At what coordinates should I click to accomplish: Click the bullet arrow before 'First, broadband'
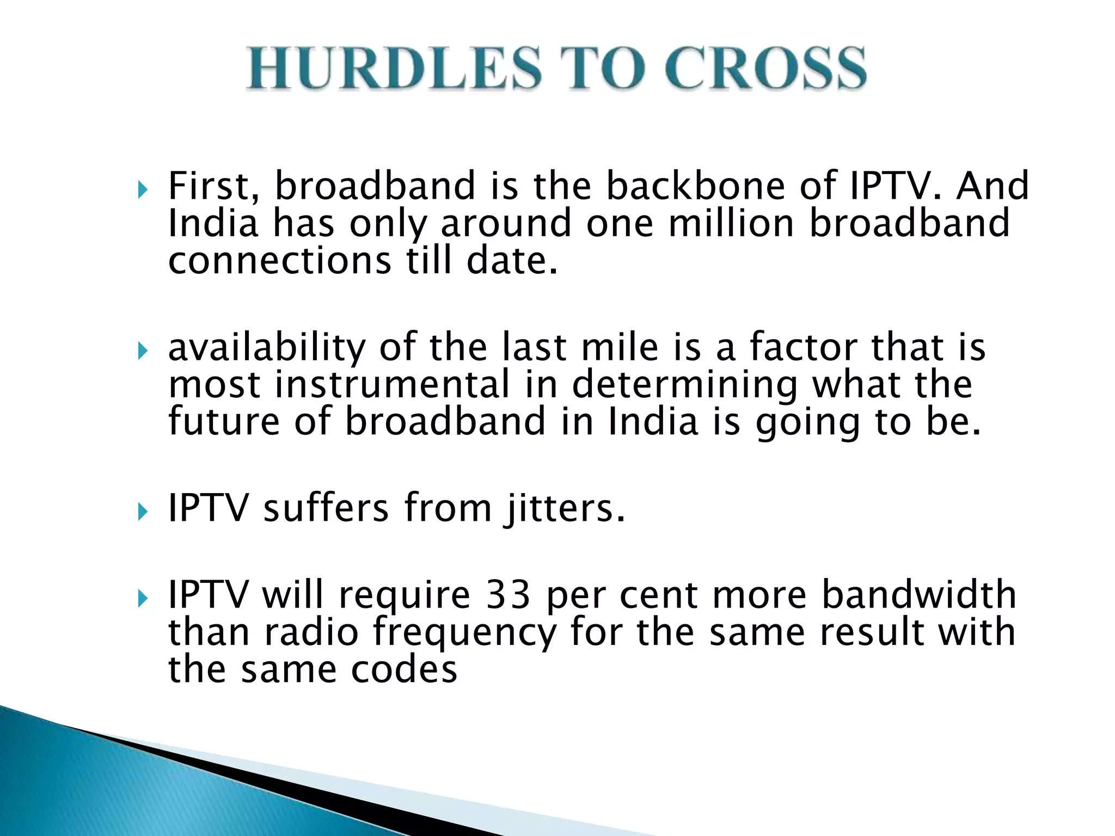coord(143,190)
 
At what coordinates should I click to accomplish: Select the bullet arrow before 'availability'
coord(143,351)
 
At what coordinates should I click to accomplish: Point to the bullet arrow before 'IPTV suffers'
coord(143,512)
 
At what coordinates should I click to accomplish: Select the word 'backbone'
coord(695,186)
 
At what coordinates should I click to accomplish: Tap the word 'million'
coord(731,223)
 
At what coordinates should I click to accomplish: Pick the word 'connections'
coord(279,260)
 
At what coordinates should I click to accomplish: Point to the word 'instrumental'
coord(393,384)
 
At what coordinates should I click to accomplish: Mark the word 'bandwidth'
coord(918,594)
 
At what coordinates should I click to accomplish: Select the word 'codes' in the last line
coord(403,669)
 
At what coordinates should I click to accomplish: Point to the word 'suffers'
coord(326,507)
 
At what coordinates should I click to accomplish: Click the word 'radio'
coord(311,632)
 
